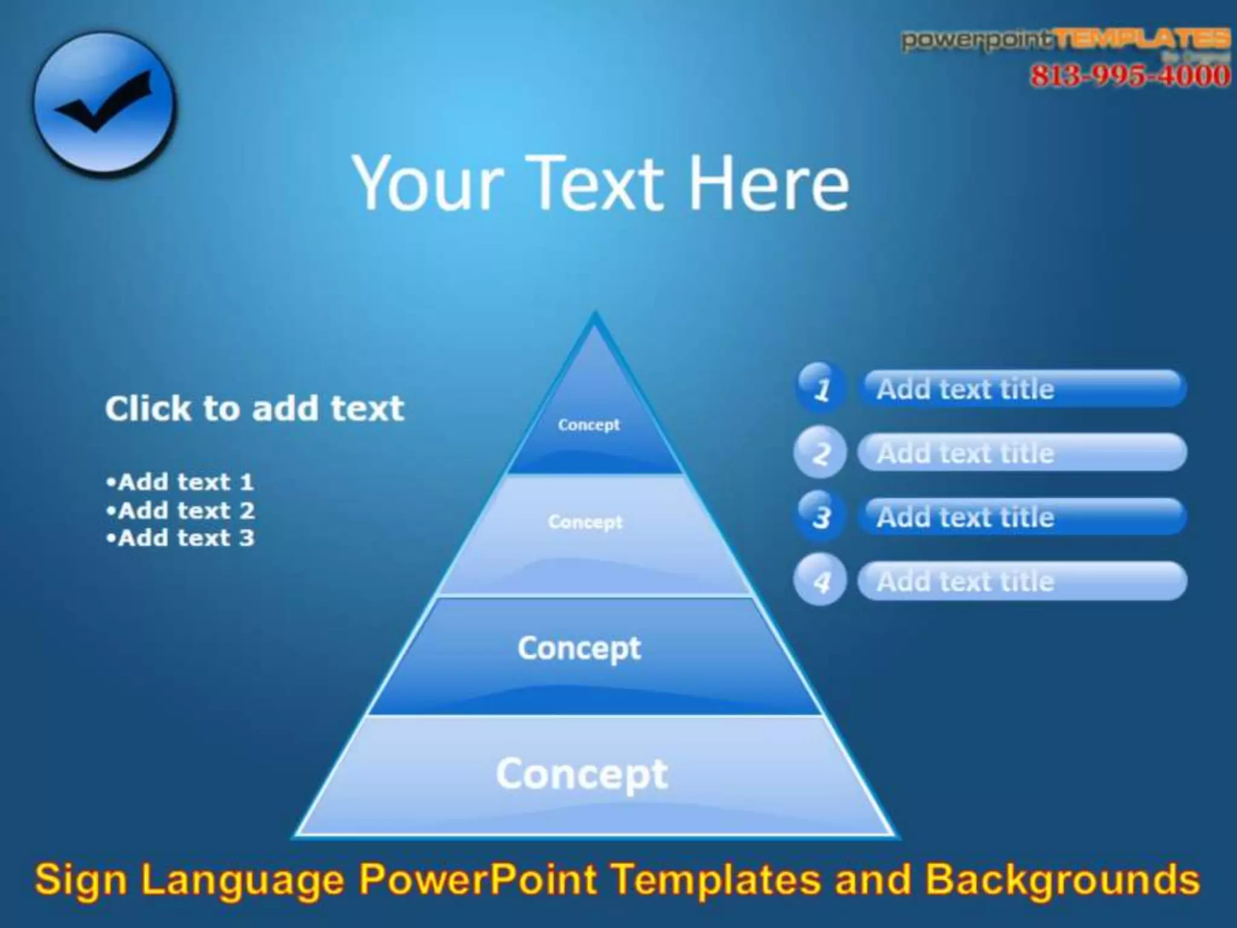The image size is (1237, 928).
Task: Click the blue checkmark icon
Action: [x=104, y=104]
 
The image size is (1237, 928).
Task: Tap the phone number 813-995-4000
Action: [x=1129, y=76]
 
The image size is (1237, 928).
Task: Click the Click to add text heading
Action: [x=254, y=409]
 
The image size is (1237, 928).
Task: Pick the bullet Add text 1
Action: [x=180, y=482]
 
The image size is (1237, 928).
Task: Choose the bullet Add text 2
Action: [x=180, y=511]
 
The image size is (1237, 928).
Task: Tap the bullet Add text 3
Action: [x=180, y=538]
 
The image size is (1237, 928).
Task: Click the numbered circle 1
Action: [x=820, y=388]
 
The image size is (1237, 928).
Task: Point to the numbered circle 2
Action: [x=820, y=453]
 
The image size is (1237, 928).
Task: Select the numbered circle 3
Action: [x=820, y=517]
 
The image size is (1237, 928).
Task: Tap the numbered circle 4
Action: [x=820, y=581]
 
